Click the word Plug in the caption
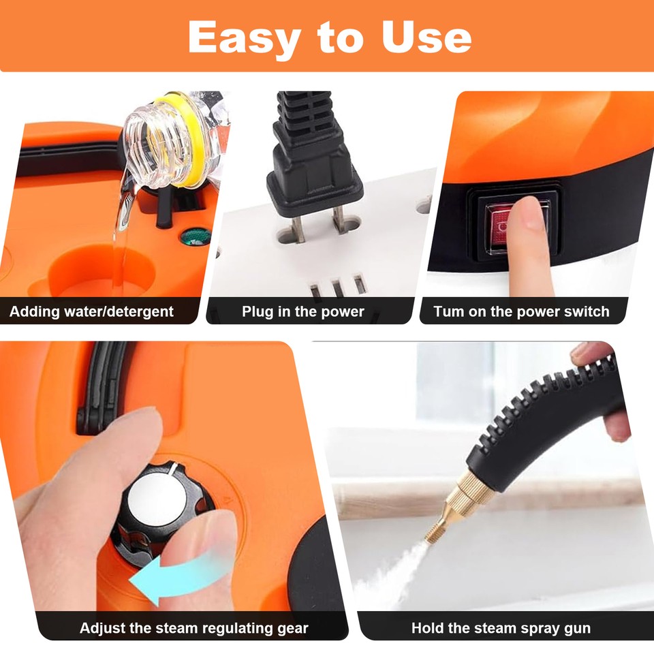click(258, 312)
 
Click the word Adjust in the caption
click(102, 627)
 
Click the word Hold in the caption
click(426, 627)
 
